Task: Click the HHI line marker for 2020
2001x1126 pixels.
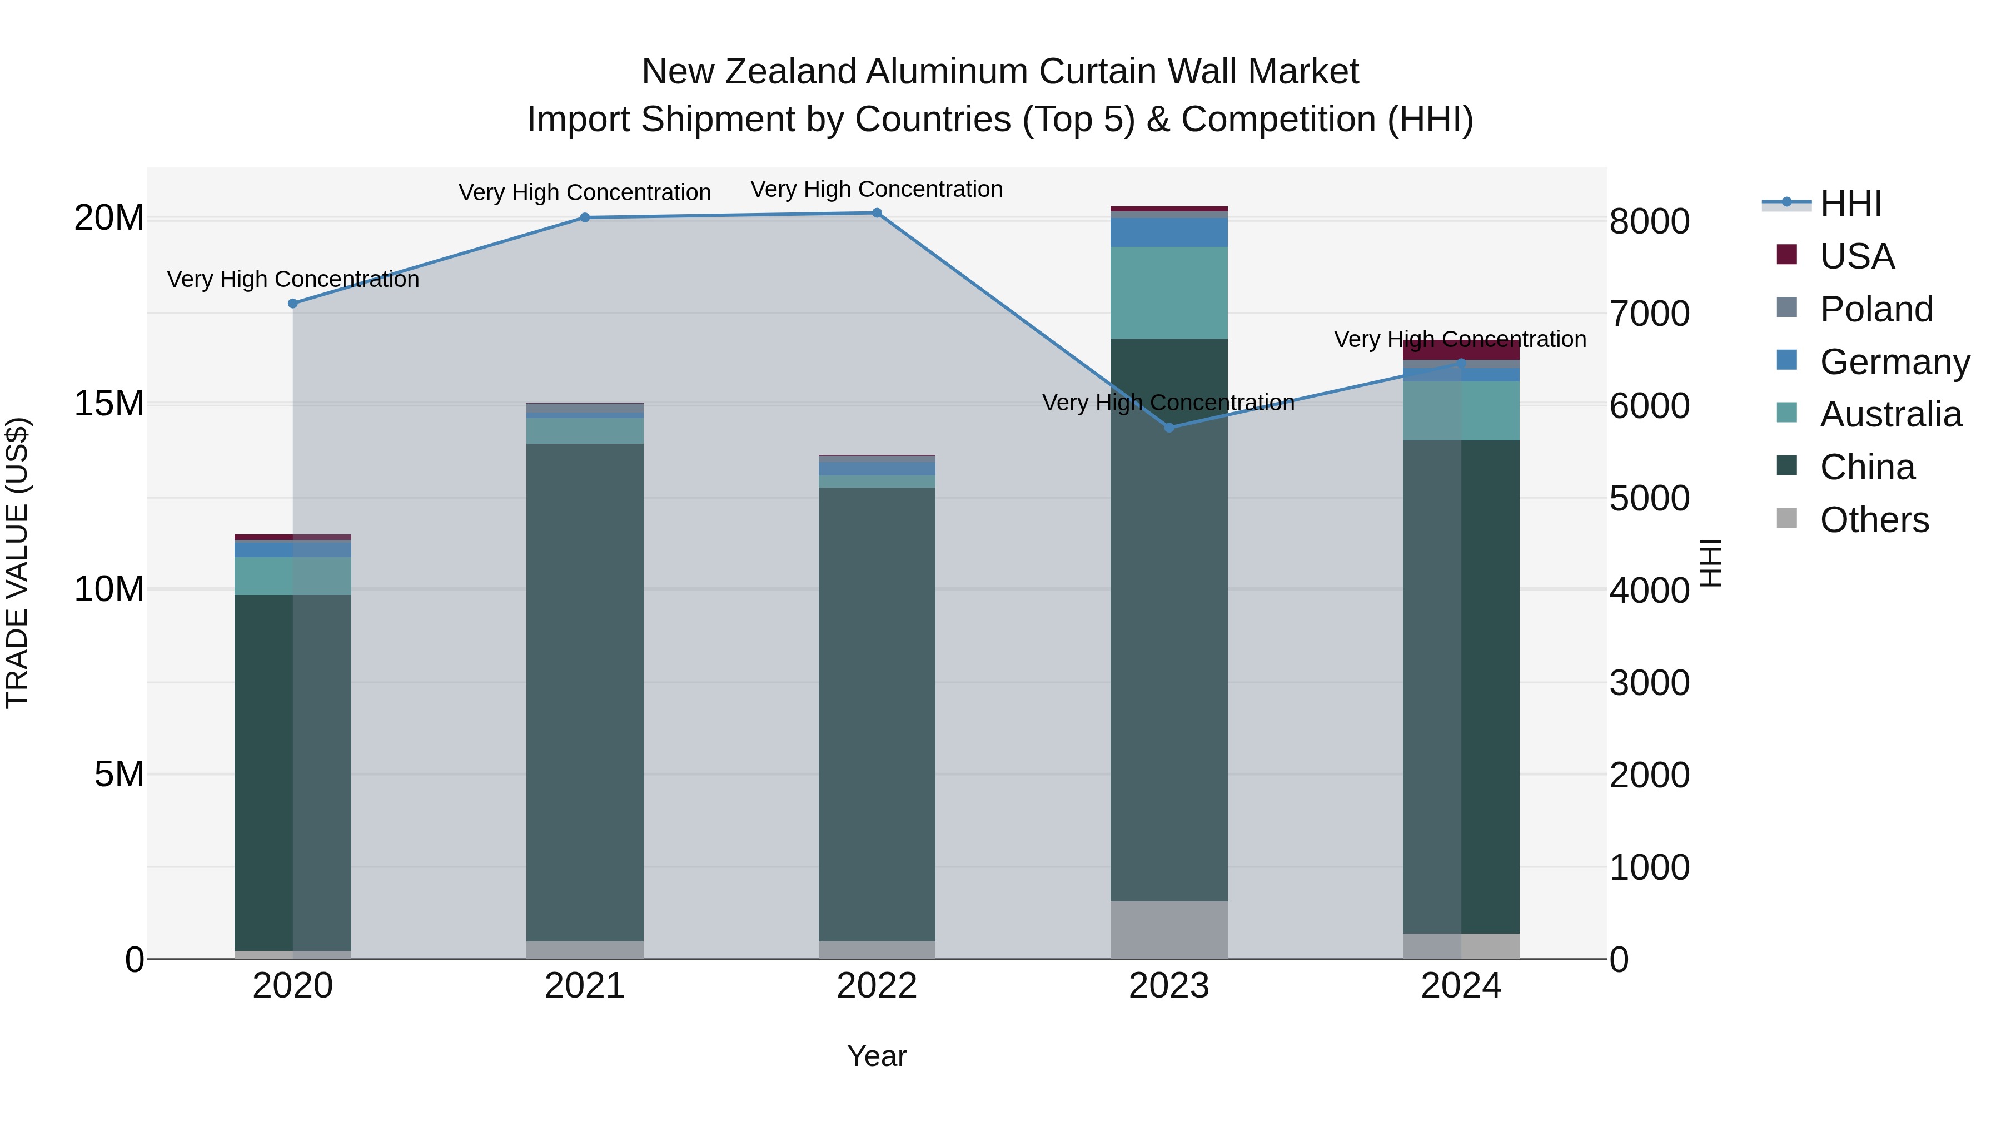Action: click(293, 304)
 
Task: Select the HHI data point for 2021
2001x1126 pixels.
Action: click(585, 217)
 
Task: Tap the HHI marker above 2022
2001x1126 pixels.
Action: click(877, 213)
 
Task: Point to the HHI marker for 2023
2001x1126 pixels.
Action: click(1169, 428)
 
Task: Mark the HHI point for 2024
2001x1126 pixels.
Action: click(1461, 363)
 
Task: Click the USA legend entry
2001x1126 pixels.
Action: click(1856, 256)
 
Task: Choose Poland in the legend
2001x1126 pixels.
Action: click(1876, 309)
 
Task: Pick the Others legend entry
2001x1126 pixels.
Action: click(1874, 520)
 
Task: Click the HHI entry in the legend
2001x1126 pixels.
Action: click(1850, 204)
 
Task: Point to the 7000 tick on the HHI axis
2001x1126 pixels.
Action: click(1649, 314)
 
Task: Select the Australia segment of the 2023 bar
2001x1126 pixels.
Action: click(1169, 293)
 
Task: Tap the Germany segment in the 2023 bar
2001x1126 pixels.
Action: click(1169, 232)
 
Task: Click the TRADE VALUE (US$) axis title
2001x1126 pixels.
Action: click(17, 563)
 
